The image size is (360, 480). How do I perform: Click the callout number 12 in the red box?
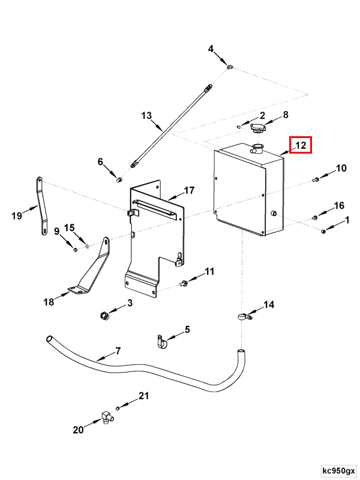pyautogui.click(x=301, y=145)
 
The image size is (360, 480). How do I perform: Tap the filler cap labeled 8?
pyautogui.click(x=257, y=128)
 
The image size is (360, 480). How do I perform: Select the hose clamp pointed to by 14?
pyautogui.click(x=245, y=316)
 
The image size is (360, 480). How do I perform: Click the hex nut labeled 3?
pyautogui.click(x=104, y=315)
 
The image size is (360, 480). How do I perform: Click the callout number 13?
pyautogui.click(x=146, y=116)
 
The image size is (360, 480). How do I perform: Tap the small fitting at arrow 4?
pyautogui.click(x=230, y=66)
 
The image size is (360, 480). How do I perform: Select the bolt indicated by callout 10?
pyautogui.click(x=316, y=179)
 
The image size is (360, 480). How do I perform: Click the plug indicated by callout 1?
pyautogui.click(x=323, y=231)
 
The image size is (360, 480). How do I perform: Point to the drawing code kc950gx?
pyautogui.click(x=338, y=470)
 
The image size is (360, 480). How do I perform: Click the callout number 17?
pyautogui.click(x=189, y=190)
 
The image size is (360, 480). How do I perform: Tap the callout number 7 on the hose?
pyautogui.click(x=118, y=350)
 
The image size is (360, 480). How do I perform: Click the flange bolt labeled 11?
pyautogui.click(x=184, y=283)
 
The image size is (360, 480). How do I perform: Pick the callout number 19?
pyautogui.click(x=17, y=216)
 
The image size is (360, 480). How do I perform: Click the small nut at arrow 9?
pyautogui.click(x=76, y=250)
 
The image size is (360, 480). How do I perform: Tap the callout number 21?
pyautogui.click(x=144, y=396)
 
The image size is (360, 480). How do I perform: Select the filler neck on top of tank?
pyautogui.click(x=257, y=149)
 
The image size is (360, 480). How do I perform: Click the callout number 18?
pyautogui.click(x=49, y=302)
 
